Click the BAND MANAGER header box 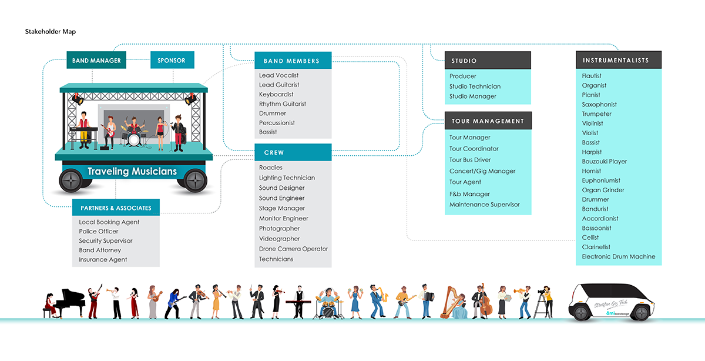(96, 61)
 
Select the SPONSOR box (172, 61)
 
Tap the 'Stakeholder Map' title (51, 31)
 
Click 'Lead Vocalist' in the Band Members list (278, 75)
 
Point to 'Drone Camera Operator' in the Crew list (293, 249)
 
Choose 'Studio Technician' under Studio (475, 86)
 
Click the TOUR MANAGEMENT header (488, 121)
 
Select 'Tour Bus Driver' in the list (470, 160)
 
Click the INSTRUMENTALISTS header (616, 61)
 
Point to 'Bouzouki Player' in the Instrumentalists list (604, 162)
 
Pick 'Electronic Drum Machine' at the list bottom (618, 257)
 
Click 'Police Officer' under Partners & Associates (99, 232)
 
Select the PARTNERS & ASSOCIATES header (116, 208)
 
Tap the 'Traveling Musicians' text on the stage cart (132, 172)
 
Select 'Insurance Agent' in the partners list (103, 260)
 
